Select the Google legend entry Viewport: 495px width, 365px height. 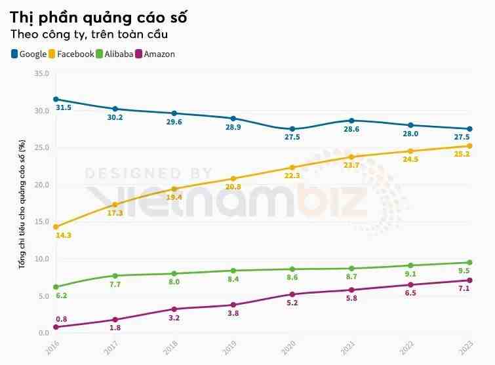tap(29, 54)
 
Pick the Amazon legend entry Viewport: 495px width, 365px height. tap(155, 54)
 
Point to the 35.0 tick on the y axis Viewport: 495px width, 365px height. tap(41, 73)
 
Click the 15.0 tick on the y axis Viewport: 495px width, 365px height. tap(41, 221)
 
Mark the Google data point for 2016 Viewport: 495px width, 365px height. tap(56, 99)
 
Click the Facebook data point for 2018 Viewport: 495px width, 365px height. tap(174, 189)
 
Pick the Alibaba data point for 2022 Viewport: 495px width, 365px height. tap(410, 265)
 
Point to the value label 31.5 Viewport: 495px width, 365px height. tap(64, 107)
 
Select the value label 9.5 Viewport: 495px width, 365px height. tap(463, 271)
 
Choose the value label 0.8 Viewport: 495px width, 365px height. tap(61, 319)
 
